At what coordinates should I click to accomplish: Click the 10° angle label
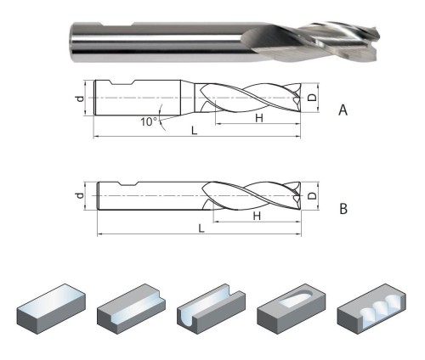pos(149,122)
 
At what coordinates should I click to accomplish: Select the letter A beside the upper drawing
pos(343,110)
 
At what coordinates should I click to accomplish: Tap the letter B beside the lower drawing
pos(343,209)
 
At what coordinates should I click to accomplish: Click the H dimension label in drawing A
pos(259,118)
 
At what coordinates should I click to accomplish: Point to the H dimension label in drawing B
pos(257,217)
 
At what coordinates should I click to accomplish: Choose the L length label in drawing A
pos(194,131)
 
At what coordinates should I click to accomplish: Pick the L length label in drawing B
pos(201,228)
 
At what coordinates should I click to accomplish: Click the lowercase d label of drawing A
pos(81,98)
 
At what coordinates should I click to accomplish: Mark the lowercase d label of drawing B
pos(81,195)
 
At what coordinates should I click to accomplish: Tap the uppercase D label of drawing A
pos(312,98)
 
